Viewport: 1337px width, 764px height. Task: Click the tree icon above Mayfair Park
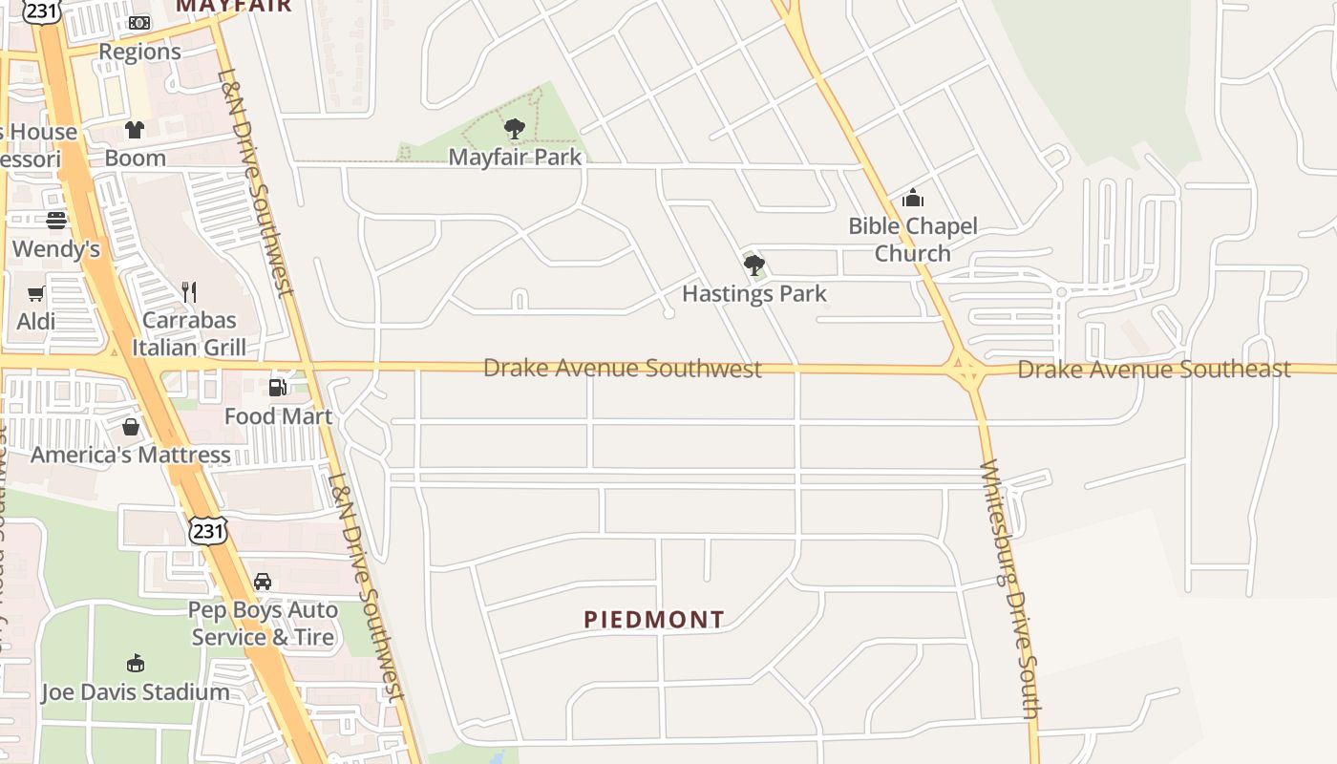[x=515, y=128]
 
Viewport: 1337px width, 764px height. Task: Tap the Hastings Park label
[x=753, y=293]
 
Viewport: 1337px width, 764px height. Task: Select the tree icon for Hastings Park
[x=754, y=265]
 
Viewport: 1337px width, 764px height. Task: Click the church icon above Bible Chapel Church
[x=913, y=198]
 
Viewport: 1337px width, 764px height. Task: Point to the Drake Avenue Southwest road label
[x=623, y=368]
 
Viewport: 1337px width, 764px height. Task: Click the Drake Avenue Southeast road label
[x=1154, y=369]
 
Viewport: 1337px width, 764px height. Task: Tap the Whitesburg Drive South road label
[x=1008, y=588]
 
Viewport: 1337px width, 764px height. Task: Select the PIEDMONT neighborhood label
[x=654, y=620]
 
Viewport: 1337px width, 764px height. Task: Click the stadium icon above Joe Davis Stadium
[x=136, y=664]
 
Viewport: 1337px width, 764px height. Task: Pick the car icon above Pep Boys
[x=263, y=581]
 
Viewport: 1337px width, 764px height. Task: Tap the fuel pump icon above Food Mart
[x=278, y=387]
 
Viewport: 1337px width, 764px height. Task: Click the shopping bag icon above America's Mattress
[x=131, y=426]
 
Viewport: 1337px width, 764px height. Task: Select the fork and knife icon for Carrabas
[x=189, y=291]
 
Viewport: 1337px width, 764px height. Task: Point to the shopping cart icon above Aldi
[x=36, y=293]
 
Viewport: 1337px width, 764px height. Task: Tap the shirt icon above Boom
[x=135, y=129]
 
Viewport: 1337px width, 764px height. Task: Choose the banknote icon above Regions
[x=139, y=23]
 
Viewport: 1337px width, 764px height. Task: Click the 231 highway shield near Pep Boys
[x=207, y=530]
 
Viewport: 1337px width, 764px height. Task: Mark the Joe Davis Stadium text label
[x=136, y=692]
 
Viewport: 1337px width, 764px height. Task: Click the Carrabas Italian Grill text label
[x=189, y=333]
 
